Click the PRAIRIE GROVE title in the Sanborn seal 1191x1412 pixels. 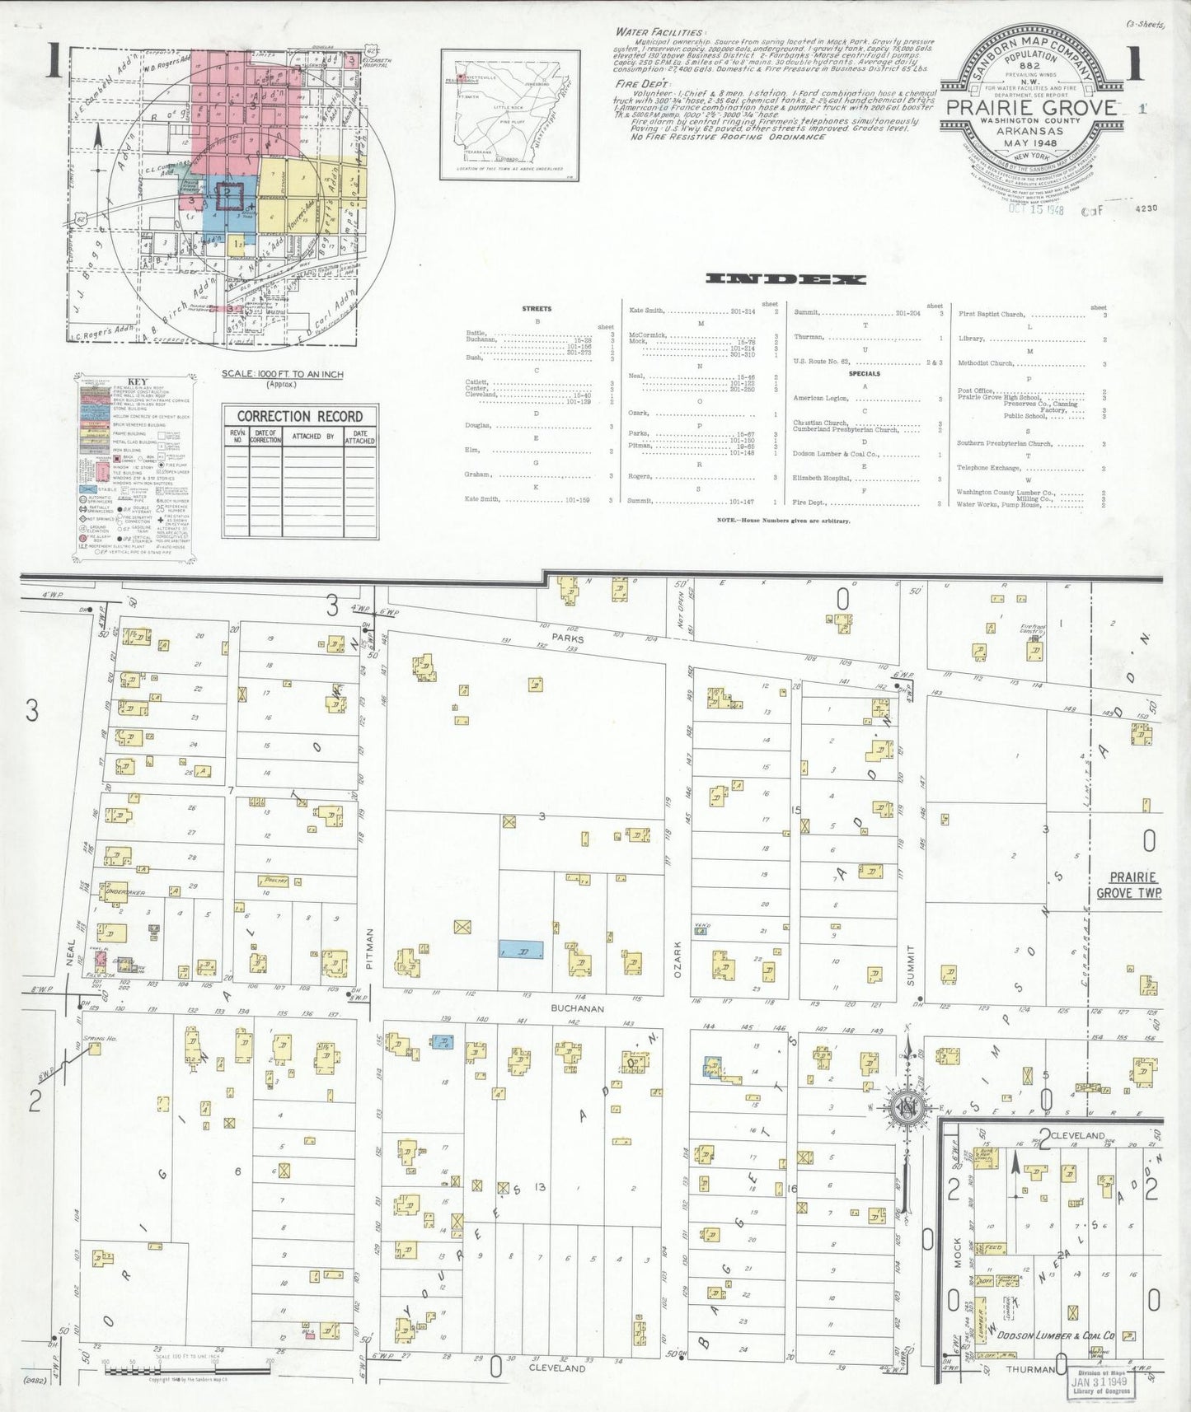point(1030,107)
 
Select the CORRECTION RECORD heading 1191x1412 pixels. point(300,416)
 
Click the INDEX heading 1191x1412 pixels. point(785,279)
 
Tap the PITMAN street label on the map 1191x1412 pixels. point(370,948)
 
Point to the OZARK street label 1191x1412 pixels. point(679,959)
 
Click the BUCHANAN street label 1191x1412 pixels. point(579,1008)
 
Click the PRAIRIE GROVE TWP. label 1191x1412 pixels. point(1129,885)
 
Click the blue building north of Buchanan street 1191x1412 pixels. point(521,950)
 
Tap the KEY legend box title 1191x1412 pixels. point(136,382)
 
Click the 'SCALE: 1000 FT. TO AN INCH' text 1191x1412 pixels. point(282,374)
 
